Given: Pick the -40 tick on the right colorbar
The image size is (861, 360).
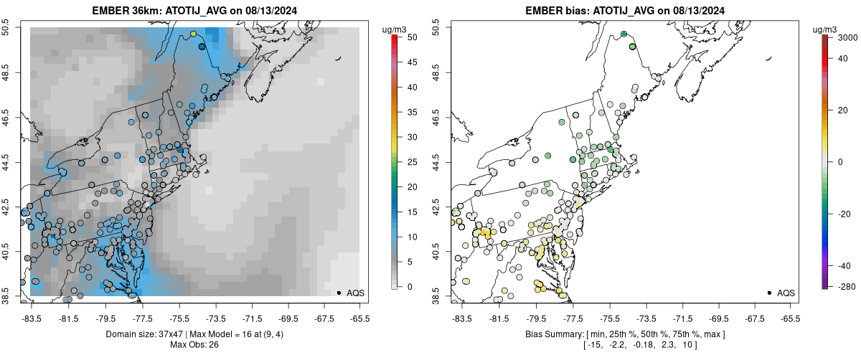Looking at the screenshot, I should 844,265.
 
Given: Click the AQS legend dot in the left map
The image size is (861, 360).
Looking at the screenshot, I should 338,293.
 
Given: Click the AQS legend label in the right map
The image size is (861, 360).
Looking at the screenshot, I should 786,293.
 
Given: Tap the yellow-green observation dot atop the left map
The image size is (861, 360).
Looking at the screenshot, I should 193,34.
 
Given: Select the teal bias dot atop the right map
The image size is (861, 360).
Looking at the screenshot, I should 624,34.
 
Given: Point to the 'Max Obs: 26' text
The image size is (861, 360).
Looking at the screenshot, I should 193,345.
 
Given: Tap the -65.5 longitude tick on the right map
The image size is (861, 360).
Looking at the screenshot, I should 790,318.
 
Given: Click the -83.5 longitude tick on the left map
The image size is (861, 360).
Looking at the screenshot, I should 32,318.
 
